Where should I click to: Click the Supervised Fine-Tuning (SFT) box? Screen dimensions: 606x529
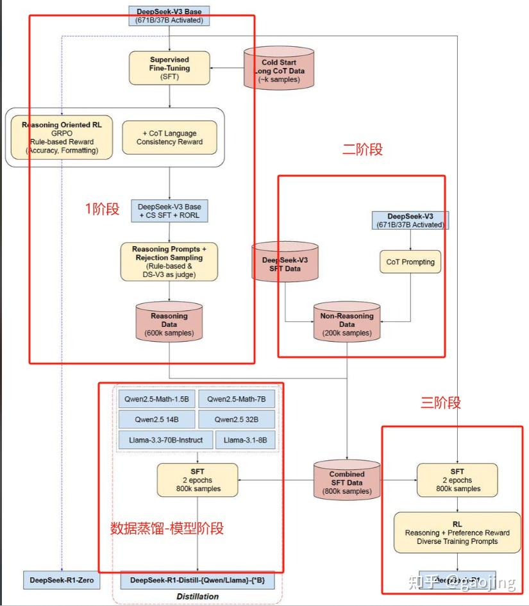(x=169, y=67)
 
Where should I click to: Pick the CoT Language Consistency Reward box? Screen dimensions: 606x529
(x=169, y=137)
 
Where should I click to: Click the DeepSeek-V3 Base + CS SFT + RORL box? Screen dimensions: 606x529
(x=169, y=211)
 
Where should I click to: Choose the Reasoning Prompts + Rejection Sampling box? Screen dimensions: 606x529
(x=169, y=262)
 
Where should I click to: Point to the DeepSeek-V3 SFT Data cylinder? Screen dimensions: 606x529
(x=285, y=264)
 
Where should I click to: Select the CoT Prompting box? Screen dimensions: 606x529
(x=410, y=262)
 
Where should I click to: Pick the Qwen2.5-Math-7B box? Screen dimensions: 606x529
(x=236, y=399)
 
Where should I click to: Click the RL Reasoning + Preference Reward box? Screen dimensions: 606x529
(x=457, y=532)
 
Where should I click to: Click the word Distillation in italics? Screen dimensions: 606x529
(x=197, y=596)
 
